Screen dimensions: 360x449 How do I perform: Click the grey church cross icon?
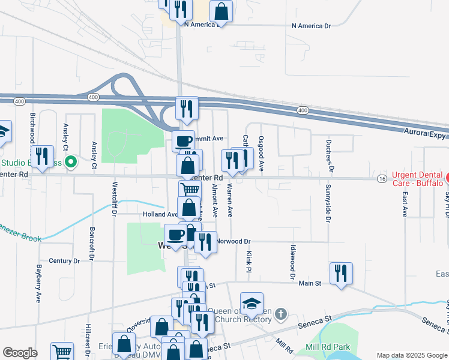click(280, 313)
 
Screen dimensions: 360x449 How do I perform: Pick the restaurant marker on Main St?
click(341, 273)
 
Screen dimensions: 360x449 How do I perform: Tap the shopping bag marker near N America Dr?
click(221, 11)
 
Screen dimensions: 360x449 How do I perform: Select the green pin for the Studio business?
click(70, 162)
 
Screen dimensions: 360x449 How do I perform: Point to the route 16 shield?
click(382, 179)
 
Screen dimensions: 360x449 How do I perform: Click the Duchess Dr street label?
click(329, 155)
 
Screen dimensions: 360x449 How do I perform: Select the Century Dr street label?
click(64, 261)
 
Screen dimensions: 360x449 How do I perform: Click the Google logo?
click(20, 352)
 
